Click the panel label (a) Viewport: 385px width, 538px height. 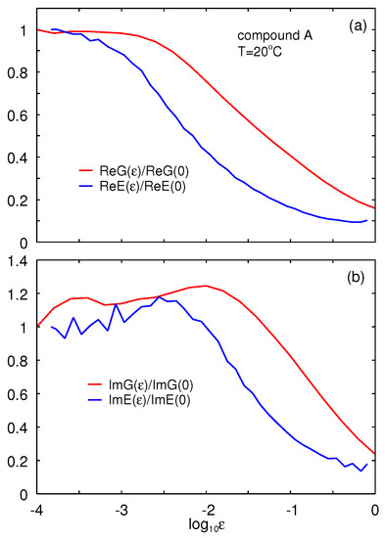tap(359, 26)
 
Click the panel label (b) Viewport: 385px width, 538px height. tap(355, 277)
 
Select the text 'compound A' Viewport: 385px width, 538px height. tap(275, 36)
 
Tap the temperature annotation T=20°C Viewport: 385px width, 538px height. tap(260, 52)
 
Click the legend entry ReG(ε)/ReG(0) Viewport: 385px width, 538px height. tap(144, 171)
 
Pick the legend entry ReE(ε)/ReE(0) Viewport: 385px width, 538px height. tap(142, 186)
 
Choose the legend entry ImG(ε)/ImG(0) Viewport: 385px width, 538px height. tap(150, 385)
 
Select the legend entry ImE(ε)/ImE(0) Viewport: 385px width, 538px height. tap(149, 400)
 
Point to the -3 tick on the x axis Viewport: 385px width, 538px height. tap(121, 511)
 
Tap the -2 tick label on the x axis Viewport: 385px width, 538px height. tap(206, 511)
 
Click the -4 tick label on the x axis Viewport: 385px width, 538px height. tap(36, 511)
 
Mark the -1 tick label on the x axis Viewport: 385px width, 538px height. tap(291, 511)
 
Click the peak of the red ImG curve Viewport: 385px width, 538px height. tap(206, 286)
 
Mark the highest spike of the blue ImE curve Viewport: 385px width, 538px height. tap(159, 297)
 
